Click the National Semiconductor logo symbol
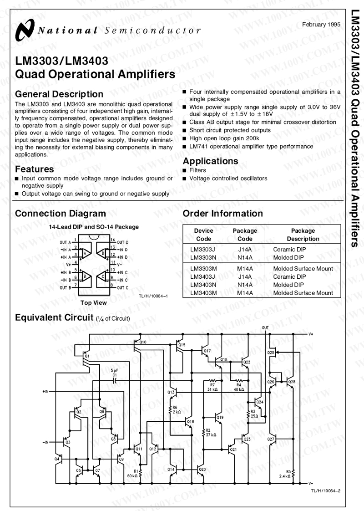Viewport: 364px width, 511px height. pyautogui.click(x=24, y=30)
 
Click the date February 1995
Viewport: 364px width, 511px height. pyautogui.click(x=321, y=24)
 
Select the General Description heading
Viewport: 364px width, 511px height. pyautogui.click(x=59, y=94)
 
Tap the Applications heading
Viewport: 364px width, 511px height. pyautogui.click(x=210, y=161)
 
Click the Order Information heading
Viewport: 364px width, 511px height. pyautogui.click(x=222, y=214)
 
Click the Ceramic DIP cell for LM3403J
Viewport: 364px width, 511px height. pyautogui.click(x=289, y=276)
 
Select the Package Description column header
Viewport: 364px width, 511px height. pyautogui.click(x=303, y=235)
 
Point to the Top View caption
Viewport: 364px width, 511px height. pyautogui.click(x=93, y=303)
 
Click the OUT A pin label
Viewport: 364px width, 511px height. pyautogui.click(x=66, y=242)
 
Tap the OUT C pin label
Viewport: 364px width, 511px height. pyautogui.click(x=122, y=288)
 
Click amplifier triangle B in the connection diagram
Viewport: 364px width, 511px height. pyautogui.click(x=85, y=277)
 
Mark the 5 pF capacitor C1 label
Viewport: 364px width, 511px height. pyautogui.click(x=115, y=373)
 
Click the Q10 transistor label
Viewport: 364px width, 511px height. pyautogui.click(x=143, y=342)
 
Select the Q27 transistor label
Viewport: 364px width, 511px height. pyautogui.click(x=271, y=439)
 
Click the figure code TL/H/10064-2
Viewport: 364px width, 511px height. pyautogui.click(x=326, y=490)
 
